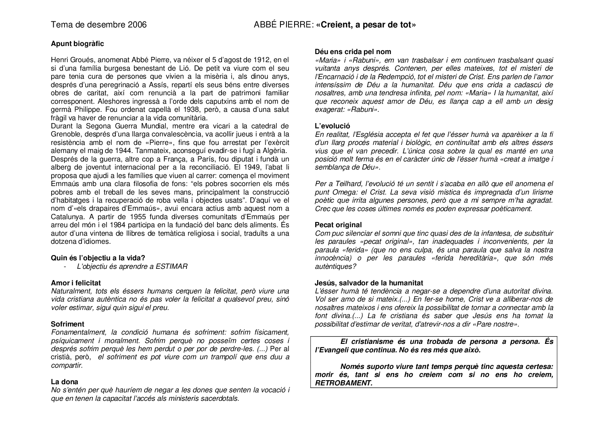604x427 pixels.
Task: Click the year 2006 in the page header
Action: coord(137,25)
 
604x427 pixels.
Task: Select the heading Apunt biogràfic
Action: coord(77,44)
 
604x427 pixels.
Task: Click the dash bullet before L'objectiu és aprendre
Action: coord(65,266)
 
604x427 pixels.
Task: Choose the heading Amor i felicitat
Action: coord(76,283)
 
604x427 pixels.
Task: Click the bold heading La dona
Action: coord(65,381)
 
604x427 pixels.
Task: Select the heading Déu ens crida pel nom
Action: coord(353,52)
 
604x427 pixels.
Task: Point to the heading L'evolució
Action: coord(332,126)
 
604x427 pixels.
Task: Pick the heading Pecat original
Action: coord(338,225)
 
